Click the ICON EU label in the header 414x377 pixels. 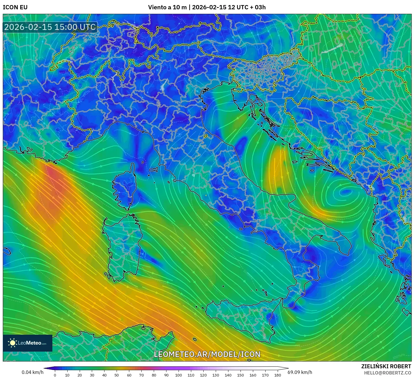15,7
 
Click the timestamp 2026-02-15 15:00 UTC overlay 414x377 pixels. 50,27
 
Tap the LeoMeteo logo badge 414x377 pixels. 28,343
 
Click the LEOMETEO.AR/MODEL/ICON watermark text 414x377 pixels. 207,354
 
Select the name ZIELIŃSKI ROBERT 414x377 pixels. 386,366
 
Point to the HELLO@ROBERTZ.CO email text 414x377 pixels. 388,373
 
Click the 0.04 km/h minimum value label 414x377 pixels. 33,372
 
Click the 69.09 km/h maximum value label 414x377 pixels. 300,372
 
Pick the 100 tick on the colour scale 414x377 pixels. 179,375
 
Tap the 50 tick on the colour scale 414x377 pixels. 117,375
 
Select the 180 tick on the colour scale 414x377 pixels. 278,375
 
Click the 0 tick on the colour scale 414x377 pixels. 55,375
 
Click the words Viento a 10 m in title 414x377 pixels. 167,7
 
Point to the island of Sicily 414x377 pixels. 242,316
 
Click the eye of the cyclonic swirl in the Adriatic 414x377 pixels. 344,193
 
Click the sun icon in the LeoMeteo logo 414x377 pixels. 13,343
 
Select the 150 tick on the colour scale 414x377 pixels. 241,375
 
